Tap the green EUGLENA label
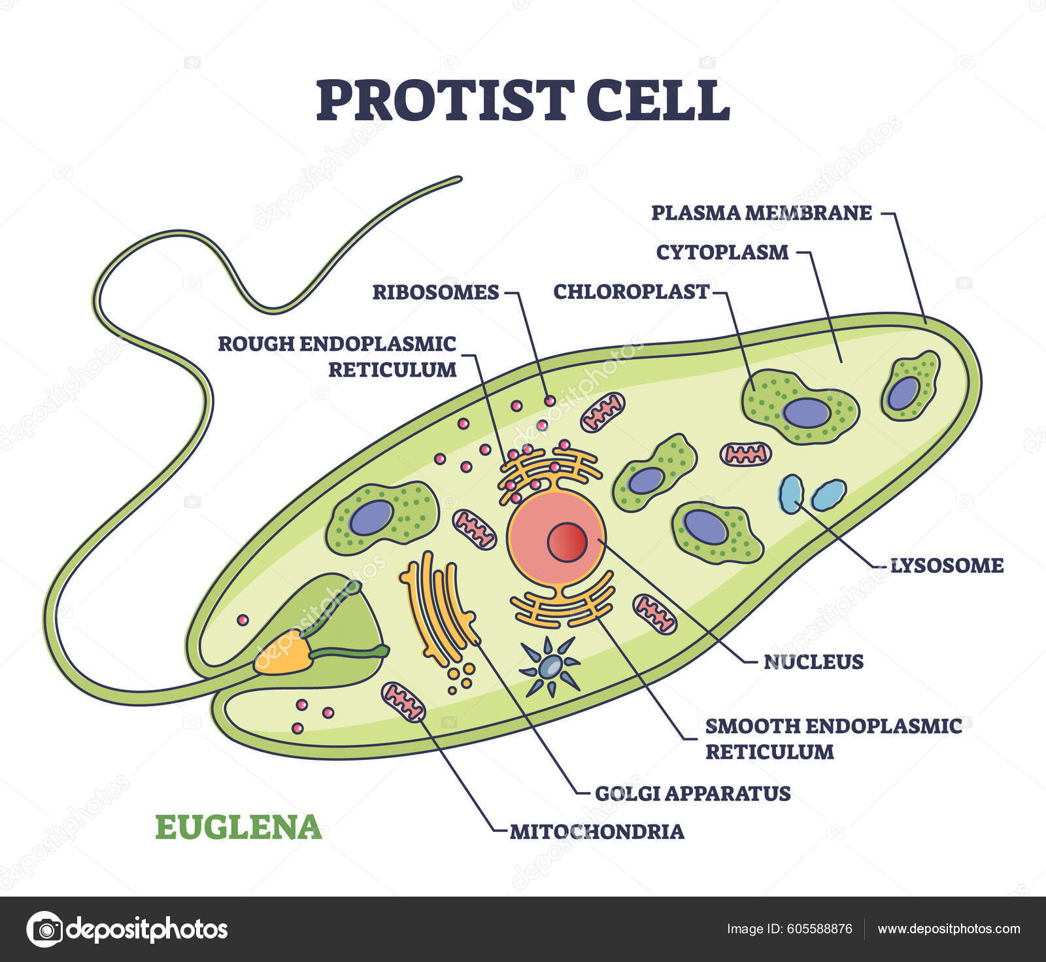[239, 827]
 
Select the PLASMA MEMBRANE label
[762, 213]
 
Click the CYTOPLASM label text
[722, 252]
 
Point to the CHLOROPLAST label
[631, 292]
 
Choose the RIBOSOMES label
[435, 292]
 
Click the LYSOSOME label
[947, 565]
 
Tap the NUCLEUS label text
[814, 662]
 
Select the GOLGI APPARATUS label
[692, 793]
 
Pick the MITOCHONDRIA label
[597, 832]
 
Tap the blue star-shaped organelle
[550, 666]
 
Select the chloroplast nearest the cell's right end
[909, 386]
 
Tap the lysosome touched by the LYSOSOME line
[791, 494]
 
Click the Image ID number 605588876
[820, 929]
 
